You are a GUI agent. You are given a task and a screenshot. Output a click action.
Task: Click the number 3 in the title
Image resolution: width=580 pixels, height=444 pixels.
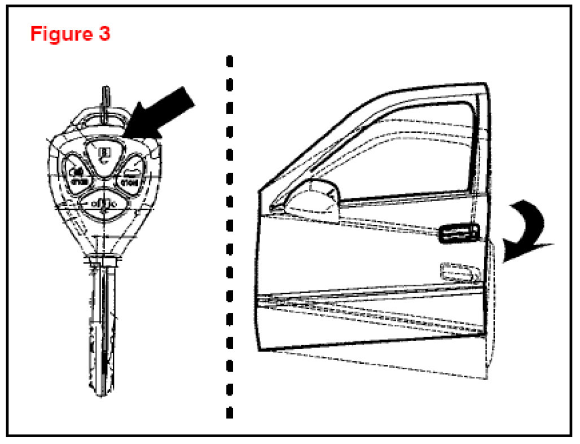103,33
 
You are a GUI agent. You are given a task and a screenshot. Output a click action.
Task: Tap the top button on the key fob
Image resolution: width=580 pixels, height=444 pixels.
103,154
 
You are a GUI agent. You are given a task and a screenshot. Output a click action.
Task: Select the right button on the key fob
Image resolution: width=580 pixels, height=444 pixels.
130,176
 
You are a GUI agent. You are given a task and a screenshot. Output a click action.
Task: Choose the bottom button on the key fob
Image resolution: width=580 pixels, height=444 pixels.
102,202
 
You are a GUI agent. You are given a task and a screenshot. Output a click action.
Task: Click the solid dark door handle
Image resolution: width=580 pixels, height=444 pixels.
459,232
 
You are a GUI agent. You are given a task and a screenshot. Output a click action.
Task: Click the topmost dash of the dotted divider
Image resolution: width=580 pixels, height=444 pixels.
230,60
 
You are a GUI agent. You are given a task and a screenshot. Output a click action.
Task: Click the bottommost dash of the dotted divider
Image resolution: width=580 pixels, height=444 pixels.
230,412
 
